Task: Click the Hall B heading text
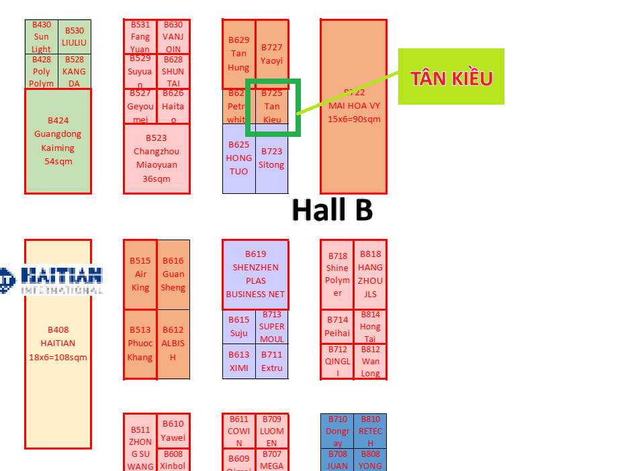(332, 210)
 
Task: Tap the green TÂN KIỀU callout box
(451, 77)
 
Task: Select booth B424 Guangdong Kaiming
(58, 141)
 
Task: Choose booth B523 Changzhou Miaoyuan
(156, 158)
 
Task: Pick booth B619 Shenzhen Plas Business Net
(255, 274)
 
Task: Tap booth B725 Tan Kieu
(272, 106)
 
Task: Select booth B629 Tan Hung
(238, 54)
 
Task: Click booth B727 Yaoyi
(272, 54)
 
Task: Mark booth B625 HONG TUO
(238, 159)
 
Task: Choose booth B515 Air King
(140, 274)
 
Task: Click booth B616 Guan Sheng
(173, 274)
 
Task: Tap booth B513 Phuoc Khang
(140, 344)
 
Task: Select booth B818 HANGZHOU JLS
(370, 274)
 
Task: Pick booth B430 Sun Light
(42, 37)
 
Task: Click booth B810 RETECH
(370, 431)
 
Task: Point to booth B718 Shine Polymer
(337, 274)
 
